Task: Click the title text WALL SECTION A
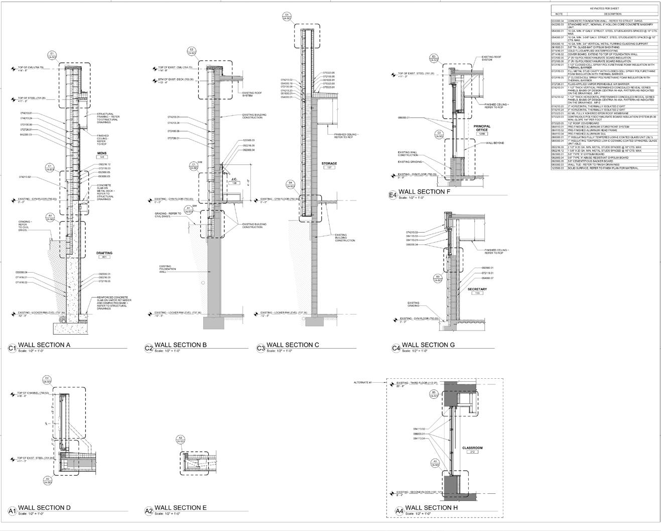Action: click(x=44, y=345)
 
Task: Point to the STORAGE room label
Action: click(x=329, y=163)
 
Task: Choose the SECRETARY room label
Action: click(x=477, y=289)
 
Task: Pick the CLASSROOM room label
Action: click(x=472, y=448)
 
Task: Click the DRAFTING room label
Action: click(x=104, y=253)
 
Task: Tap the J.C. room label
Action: click(x=234, y=179)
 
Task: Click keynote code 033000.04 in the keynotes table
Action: click(x=558, y=20)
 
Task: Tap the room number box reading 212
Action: click(x=472, y=452)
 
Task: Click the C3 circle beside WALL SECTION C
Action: click(x=260, y=348)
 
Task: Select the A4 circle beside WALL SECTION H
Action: click(x=400, y=511)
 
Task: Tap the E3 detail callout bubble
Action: click(x=434, y=58)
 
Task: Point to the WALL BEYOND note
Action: click(x=495, y=143)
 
